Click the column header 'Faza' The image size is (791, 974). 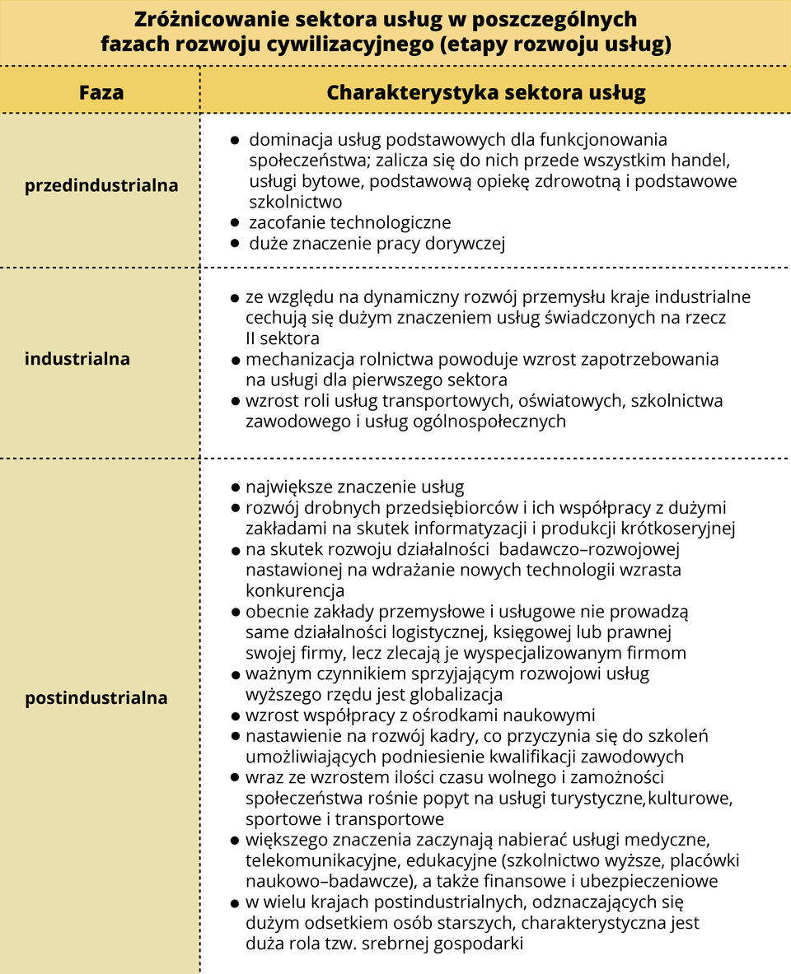(x=101, y=91)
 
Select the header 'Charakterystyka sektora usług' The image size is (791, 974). (x=485, y=91)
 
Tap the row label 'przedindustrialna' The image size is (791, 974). (x=101, y=185)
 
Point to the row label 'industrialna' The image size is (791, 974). (x=77, y=359)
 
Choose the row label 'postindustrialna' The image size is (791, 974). (x=96, y=698)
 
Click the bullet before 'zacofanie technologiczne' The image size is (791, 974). (x=235, y=223)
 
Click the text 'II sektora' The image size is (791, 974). (x=282, y=338)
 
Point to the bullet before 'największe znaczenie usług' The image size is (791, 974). (x=236, y=487)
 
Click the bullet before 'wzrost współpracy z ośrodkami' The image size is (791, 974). (x=236, y=715)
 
